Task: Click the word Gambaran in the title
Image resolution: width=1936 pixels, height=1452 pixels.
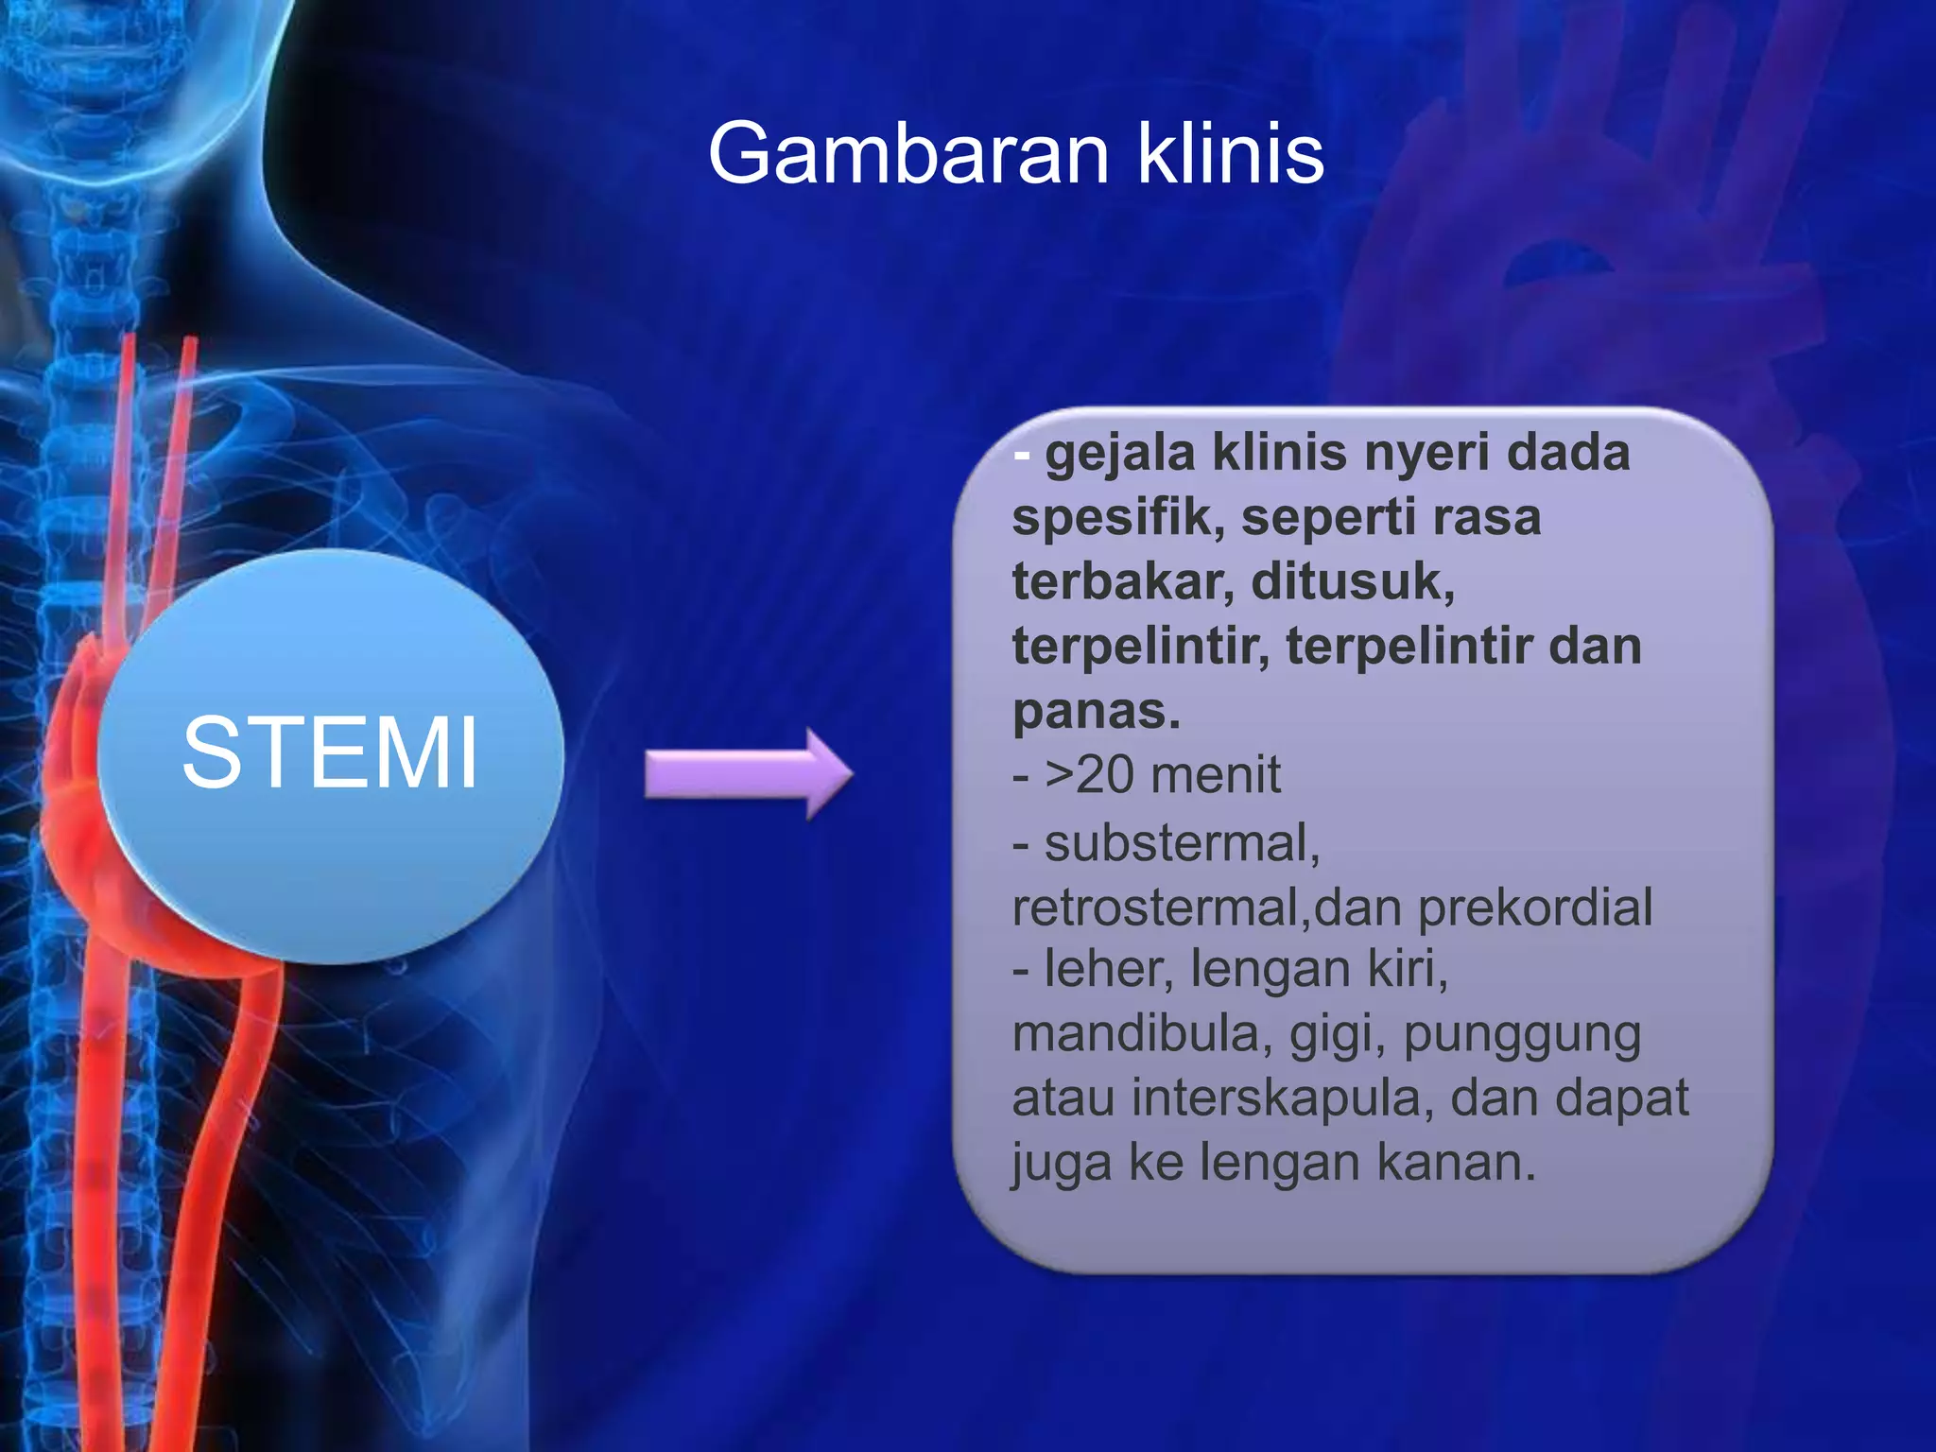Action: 907,153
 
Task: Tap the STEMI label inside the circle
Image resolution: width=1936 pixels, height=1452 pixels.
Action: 330,752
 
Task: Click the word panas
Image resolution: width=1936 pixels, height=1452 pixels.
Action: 1097,711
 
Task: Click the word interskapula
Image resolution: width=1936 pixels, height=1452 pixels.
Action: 1281,1098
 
